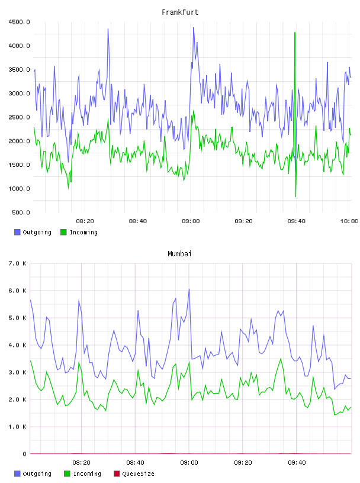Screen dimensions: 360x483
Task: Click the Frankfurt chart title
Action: pos(180,12)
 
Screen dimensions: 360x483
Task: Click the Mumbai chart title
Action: pos(179,254)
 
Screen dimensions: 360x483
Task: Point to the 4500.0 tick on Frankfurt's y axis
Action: pos(20,22)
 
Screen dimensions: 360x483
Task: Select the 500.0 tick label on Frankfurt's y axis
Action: pos(21,212)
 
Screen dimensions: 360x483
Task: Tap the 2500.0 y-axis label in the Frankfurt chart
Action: pos(20,117)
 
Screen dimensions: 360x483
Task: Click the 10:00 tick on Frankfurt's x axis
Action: pos(349,221)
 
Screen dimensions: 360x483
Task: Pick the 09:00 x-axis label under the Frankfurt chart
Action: pos(191,221)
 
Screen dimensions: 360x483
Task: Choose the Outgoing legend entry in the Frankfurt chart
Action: pos(33,232)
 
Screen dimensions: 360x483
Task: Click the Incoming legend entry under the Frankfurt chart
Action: pos(79,232)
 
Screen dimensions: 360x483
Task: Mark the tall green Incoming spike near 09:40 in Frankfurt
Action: pos(295,32)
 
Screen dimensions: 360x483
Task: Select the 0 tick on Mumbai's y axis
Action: pos(25,454)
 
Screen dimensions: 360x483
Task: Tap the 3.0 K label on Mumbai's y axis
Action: pos(18,372)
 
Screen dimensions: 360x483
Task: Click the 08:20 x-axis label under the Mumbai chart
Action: pos(81,463)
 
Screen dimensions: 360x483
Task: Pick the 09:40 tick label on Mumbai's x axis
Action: pos(297,463)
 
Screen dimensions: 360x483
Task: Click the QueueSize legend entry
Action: pos(134,474)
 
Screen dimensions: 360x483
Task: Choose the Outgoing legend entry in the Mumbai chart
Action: pos(33,474)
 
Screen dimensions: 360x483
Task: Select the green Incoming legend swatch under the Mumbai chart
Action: pos(67,474)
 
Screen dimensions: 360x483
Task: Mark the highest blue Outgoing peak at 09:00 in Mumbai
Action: pos(189,289)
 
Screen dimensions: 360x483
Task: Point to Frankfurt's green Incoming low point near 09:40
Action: pos(295,197)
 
